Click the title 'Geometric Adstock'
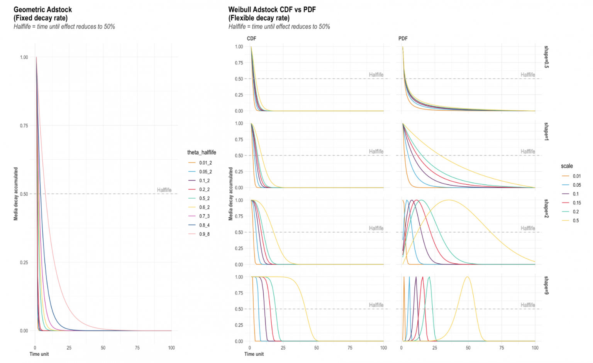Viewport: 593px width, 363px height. click(x=42, y=10)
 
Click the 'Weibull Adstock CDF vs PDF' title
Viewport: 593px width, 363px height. click(x=272, y=10)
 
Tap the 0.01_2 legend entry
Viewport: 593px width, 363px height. click(x=205, y=163)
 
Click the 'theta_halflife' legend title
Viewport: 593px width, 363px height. click(x=202, y=152)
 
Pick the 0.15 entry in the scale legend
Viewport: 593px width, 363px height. click(x=577, y=203)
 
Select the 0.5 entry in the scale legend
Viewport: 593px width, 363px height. click(x=576, y=221)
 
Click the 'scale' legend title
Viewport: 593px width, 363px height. click(x=567, y=166)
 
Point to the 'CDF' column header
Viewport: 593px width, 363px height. click(x=251, y=39)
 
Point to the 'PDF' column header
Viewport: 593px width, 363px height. click(x=403, y=39)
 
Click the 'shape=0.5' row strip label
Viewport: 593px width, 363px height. click(x=546, y=57)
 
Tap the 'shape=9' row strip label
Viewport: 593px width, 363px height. click(x=546, y=285)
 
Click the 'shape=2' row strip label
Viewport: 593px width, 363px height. click(x=546, y=208)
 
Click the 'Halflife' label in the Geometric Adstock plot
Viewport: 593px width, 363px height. click(x=164, y=190)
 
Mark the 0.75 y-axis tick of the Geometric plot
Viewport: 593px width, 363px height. click(x=24, y=126)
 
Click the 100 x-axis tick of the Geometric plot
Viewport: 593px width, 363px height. click(x=171, y=348)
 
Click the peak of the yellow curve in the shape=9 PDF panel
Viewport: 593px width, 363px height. click(x=467, y=277)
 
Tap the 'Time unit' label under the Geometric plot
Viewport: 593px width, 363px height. click(x=39, y=354)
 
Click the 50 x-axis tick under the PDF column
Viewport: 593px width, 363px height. click(x=468, y=348)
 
